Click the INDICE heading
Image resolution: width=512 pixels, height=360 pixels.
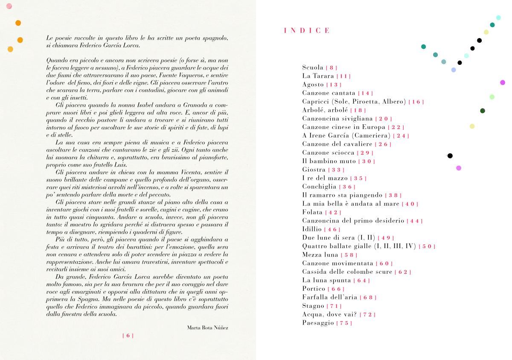(x=307, y=30)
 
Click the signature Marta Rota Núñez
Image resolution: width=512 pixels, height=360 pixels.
(x=208, y=328)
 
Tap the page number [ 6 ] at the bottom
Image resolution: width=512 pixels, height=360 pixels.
(x=128, y=336)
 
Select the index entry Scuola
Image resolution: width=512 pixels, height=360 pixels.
(x=313, y=67)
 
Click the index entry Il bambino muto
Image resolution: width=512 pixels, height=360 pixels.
(x=329, y=161)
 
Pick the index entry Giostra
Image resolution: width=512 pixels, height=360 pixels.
(x=314, y=170)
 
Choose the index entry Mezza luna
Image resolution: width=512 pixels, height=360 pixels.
(x=320, y=255)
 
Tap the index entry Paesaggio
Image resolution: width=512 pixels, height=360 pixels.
(x=318, y=323)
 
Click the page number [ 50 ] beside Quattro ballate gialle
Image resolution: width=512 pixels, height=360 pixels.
(x=427, y=246)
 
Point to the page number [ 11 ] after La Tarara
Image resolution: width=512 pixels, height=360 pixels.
(x=343, y=76)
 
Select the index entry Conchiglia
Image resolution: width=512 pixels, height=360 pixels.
(x=320, y=187)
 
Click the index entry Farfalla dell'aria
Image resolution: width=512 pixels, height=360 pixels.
(x=330, y=297)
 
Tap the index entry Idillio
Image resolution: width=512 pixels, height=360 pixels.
(x=312, y=229)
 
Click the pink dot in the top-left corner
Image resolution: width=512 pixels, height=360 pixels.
(x=9, y=6)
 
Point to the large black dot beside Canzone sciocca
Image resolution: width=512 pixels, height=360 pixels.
(x=450, y=155)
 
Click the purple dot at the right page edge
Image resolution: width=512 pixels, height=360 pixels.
(x=503, y=82)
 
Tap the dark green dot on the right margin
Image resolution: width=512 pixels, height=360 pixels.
(x=483, y=111)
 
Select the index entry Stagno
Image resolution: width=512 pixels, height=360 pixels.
(x=313, y=306)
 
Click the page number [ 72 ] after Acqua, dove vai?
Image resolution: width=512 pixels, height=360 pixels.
(x=367, y=315)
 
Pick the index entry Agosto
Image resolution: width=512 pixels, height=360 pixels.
(x=313, y=85)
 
